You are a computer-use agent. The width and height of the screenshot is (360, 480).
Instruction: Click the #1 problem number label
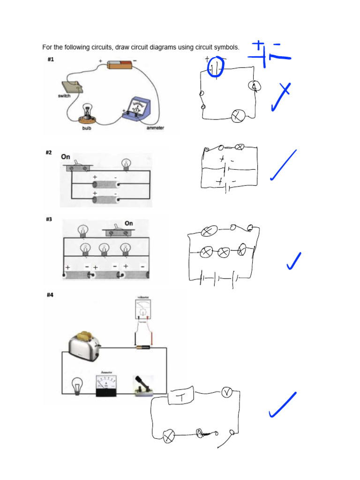tap(51, 60)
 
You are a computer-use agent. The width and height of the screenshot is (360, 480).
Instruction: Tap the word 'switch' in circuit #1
tap(64, 96)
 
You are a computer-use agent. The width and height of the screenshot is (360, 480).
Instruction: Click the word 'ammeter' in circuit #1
tap(155, 128)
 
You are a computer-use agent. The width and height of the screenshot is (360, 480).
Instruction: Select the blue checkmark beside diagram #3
tap(293, 261)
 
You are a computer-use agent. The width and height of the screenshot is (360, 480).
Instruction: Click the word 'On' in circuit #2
tap(66, 157)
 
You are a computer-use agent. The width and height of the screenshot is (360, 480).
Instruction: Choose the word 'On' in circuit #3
tap(129, 223)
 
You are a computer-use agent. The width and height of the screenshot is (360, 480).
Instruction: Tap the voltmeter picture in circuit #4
tap(143, 309)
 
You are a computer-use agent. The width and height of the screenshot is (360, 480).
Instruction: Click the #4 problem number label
tap(51, 295)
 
